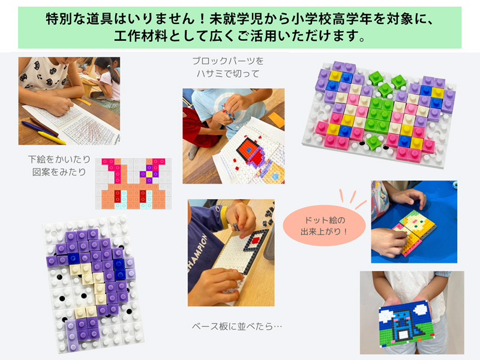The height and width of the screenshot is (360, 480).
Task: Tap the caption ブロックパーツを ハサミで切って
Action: [228, 67]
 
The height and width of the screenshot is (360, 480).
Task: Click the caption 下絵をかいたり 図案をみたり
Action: [59, 166]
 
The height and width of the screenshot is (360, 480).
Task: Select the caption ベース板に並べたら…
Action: [236, 326]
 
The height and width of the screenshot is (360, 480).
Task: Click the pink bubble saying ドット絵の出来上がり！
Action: [324, 226]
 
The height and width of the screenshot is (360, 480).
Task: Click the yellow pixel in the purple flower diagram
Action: [149, 174]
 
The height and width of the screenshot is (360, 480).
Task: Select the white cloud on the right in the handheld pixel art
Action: [421, 309]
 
